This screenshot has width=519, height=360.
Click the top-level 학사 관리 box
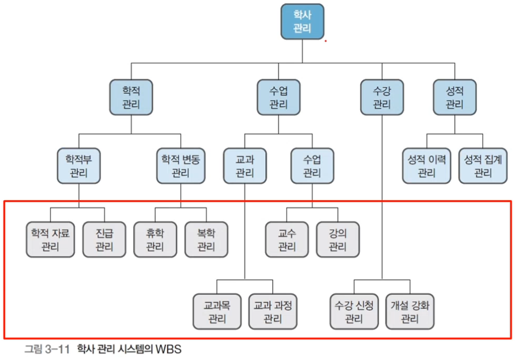pyautogui.click(x=302, y=22)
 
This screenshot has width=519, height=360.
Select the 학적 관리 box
pyautogui.click(x=131, y=97)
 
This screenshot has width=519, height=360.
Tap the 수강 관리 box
pyautogui.click(x=382, y=97)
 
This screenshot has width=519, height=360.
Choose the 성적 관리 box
pyautogui.click(x=454, y=97)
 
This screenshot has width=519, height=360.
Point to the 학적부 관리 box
pyautogui.click(x=78, y=166)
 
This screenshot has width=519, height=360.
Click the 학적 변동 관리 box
pyautogui.click(x=181, y=166)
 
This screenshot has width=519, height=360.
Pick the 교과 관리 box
pyautogui.click(x=245, y=166)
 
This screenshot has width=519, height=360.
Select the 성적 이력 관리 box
pyautogui.click(x=426, y=166)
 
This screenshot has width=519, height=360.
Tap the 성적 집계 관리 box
pyautogui.click(x=483, y=166)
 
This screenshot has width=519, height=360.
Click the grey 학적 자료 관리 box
pyautogui.click(x=51, y=239)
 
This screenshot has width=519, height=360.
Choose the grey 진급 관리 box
pyautogui.click(x=105, y=239)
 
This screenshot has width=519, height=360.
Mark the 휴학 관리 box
pyautogui.click(x=155, y=239)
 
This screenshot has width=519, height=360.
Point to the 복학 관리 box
pyautogui.click(x=206, y=239)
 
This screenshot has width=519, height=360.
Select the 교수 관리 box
pyautogui.click(x=287, y=239)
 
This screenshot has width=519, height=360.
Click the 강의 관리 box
pyautogui.click(x=338, y=239)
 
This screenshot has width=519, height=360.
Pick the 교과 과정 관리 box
pyautogui.click(x=272, y=311)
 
